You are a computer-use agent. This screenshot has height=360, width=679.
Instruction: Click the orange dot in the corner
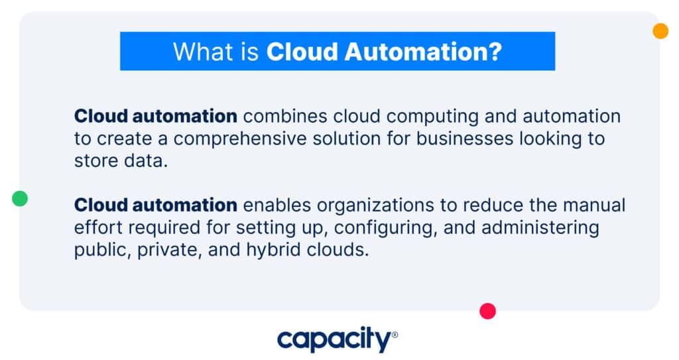click(660, 31)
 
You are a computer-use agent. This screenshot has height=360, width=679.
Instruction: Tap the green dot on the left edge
click(20, 198)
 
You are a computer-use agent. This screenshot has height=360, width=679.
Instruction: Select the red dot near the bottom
click(487, 311)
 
